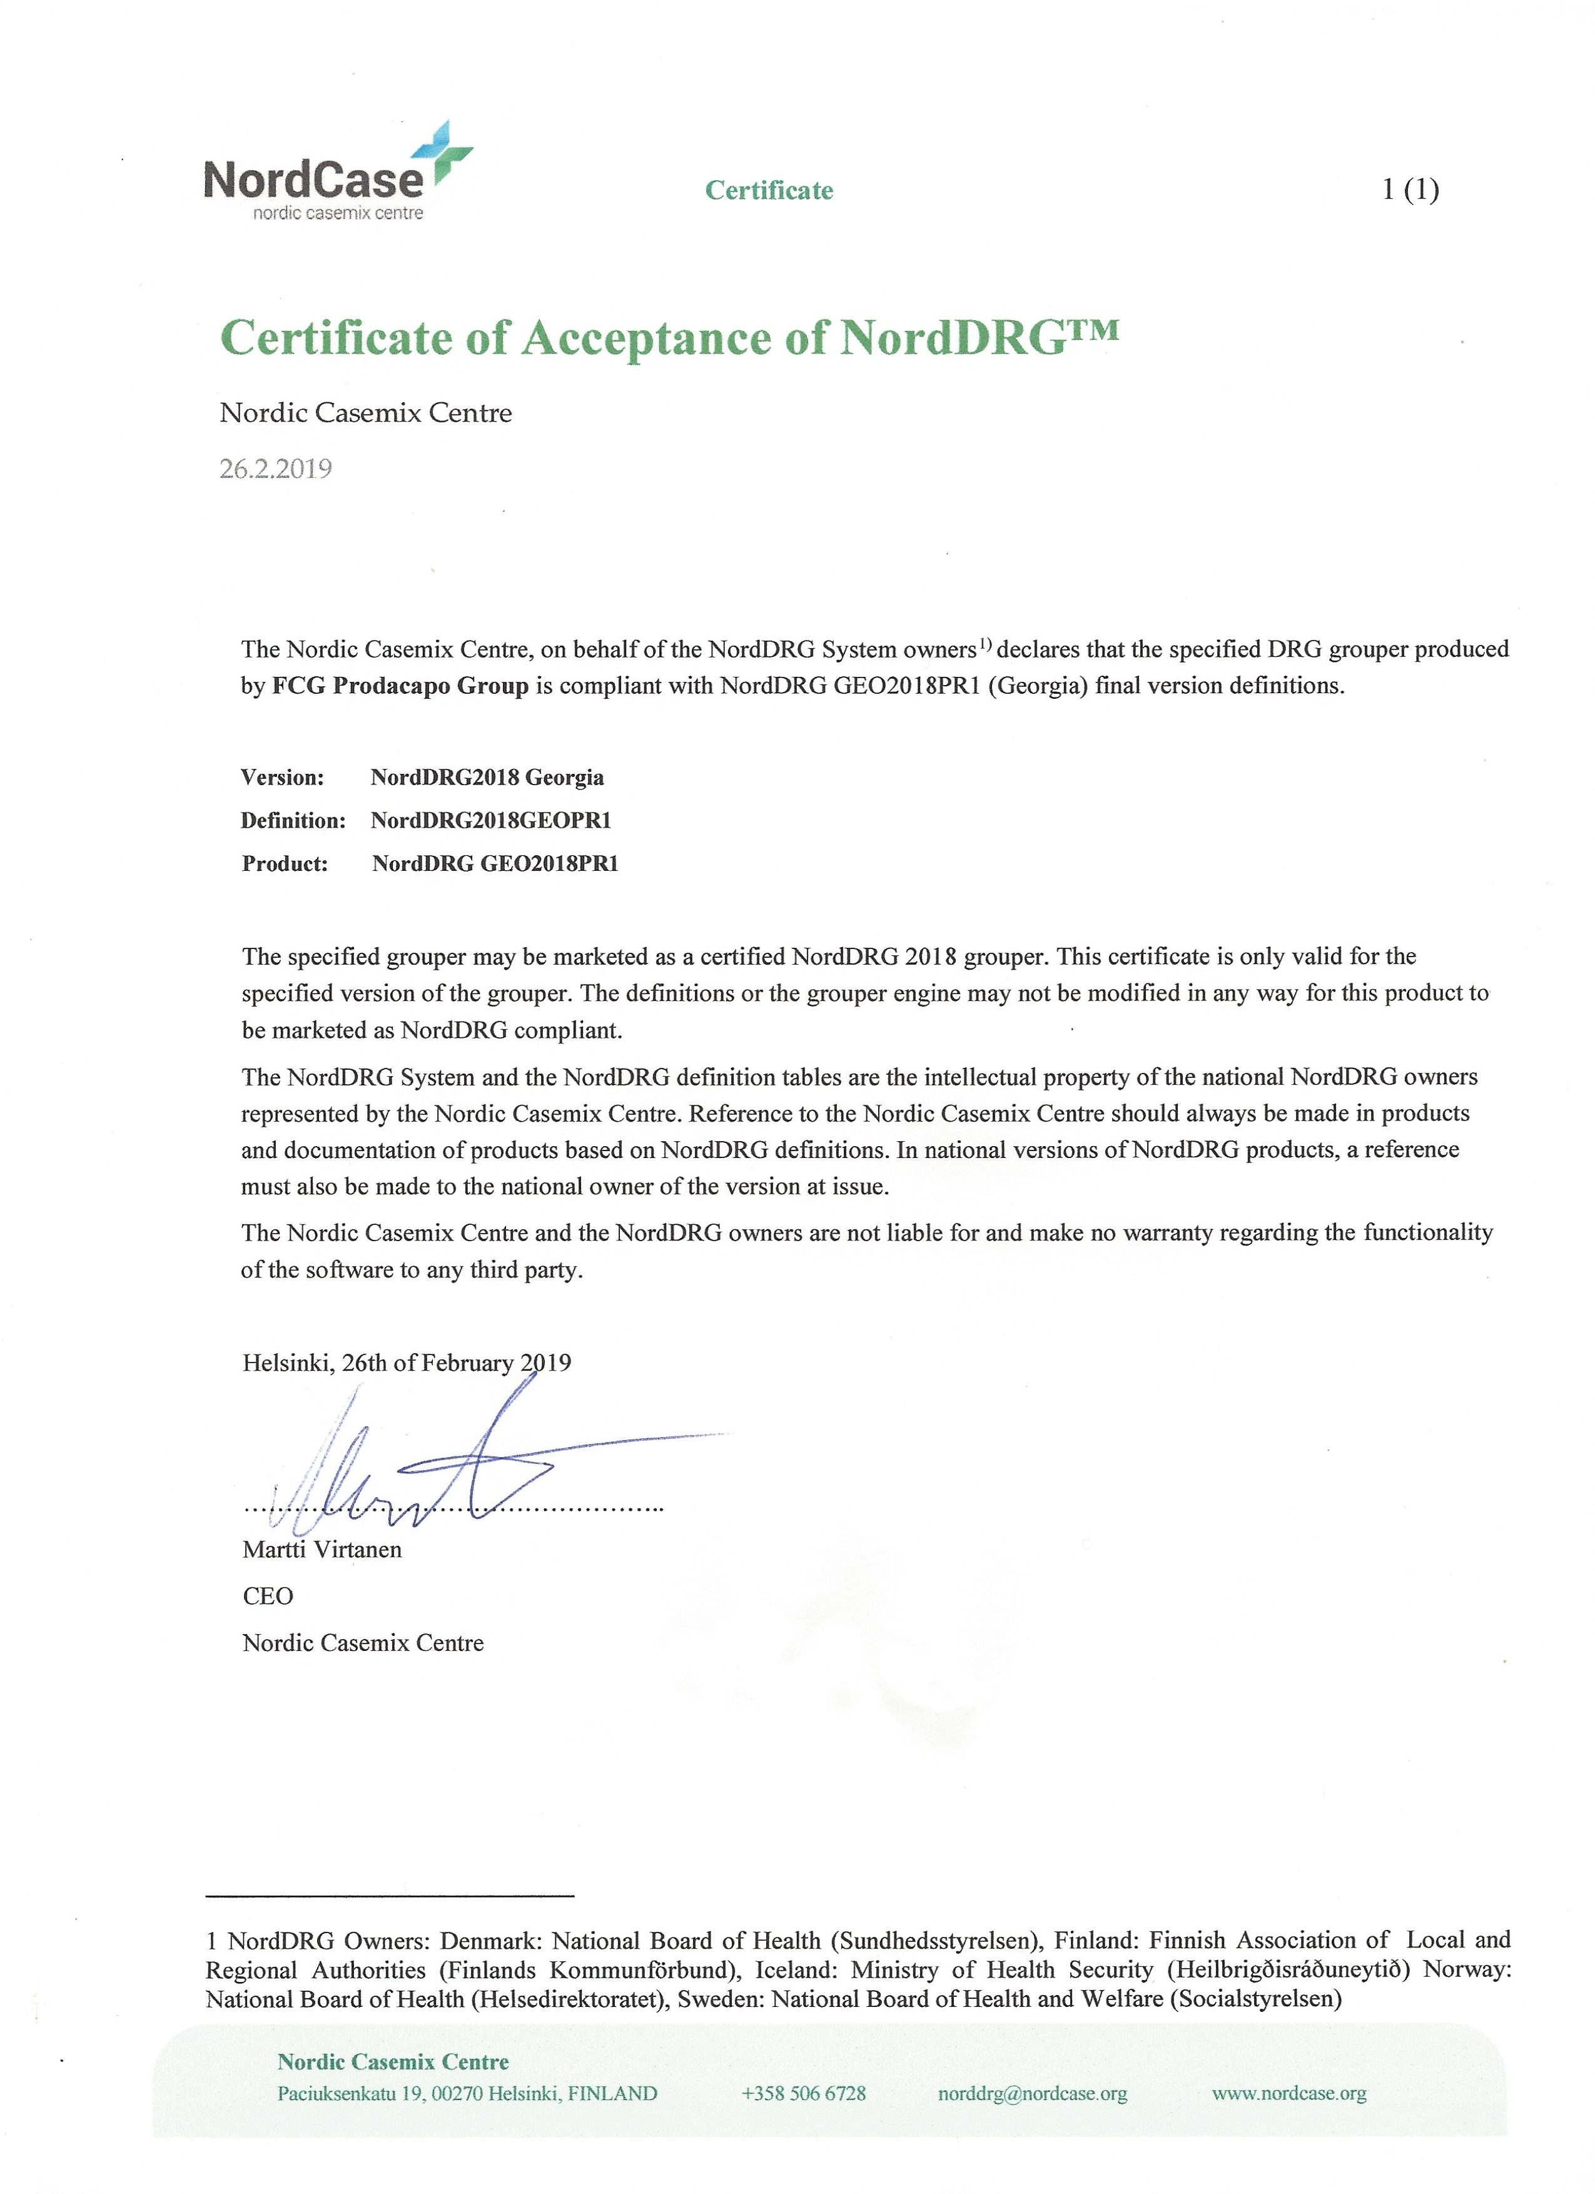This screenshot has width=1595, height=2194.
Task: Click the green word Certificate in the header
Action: [769, 191]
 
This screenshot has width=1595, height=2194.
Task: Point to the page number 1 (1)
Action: [1410, 190]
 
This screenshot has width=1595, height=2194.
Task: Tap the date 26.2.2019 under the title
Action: [276, 469]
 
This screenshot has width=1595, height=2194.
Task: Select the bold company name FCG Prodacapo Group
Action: [400, 686]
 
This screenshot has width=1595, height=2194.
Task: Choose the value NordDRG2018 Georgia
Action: [487, 778]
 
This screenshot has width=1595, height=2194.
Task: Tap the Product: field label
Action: [285, 864]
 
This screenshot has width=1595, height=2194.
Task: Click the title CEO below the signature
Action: [268, 1596]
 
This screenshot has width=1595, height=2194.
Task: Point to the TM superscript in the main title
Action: [1093, 331]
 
